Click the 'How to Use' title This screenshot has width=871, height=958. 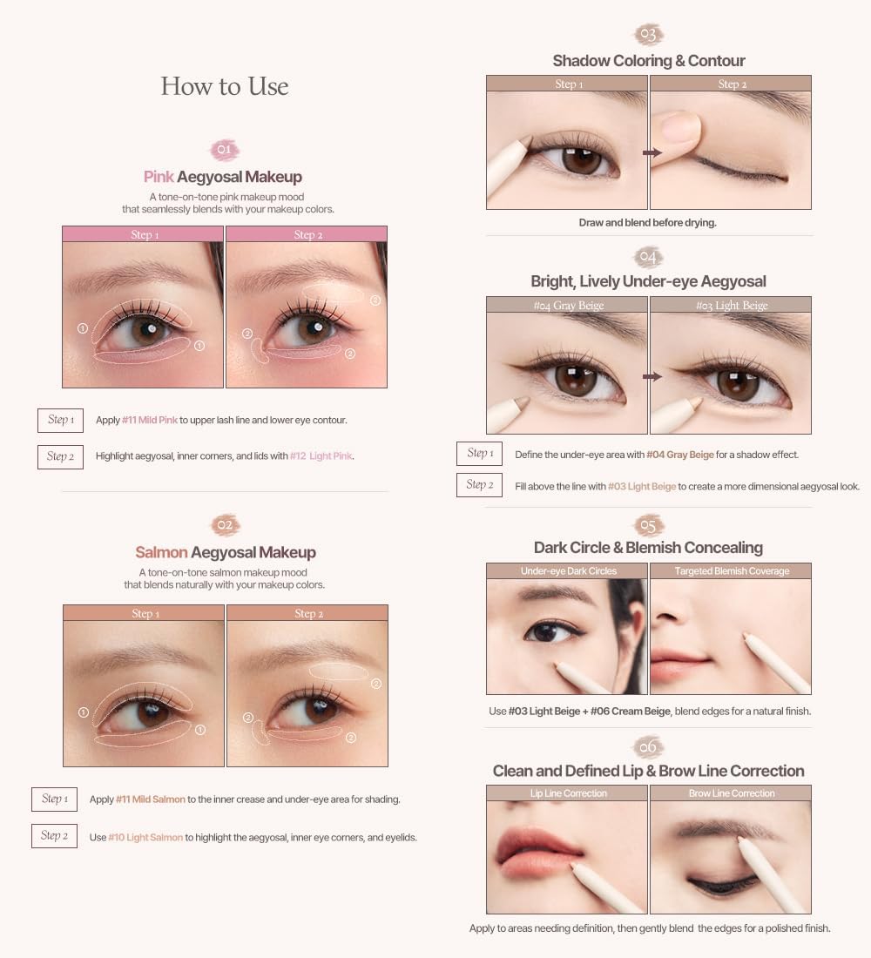coord(225,86)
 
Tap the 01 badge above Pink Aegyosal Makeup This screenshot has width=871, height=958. coord(225,150)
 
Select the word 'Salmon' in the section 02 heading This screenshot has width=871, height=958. coord(161,552)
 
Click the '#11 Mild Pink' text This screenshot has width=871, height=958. coord(149,420)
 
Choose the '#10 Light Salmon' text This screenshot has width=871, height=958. coord(145,837)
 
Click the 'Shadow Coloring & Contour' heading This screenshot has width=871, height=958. coord(649,61)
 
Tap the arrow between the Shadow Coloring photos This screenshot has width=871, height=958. coord(652,152)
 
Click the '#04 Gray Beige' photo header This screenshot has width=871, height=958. coord(568,306)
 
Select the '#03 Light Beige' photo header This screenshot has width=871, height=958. coord(732,306)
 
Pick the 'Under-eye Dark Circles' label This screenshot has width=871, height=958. coord(568,571)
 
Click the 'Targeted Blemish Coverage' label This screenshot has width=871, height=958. coord(732,571)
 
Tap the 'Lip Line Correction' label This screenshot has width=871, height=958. coord(568,793)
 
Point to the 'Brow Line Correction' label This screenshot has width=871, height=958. coord(732,793)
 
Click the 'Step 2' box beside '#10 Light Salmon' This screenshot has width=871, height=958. coord(53,836)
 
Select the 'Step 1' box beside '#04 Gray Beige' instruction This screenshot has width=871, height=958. coord(480,453)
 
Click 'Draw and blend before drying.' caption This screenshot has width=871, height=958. coord(647,223)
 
